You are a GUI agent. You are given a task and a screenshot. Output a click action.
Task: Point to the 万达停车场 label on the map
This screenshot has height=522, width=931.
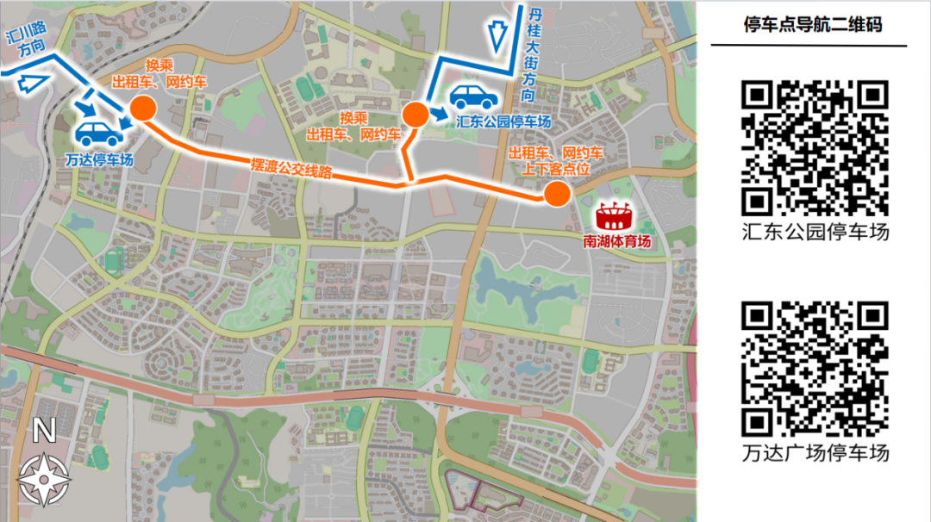[98, 159]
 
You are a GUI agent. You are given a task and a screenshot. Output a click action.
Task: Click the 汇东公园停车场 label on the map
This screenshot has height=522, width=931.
[504, 122]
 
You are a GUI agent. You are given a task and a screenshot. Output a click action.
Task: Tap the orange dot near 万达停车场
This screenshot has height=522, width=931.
[142, 108]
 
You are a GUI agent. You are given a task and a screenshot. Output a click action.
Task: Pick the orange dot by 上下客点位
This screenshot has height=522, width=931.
[556, 195]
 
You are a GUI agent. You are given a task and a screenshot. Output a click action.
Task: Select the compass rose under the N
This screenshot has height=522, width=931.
[43, 479]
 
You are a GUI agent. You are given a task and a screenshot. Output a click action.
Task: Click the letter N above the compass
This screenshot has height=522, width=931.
[43, 430]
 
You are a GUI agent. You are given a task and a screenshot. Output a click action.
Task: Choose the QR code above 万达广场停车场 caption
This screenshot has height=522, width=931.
[815, 369]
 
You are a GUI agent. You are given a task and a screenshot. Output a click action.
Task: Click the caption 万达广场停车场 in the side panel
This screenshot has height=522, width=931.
[815, 452]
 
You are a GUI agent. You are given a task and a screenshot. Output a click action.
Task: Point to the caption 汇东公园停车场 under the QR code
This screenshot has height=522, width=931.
[815, 232]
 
